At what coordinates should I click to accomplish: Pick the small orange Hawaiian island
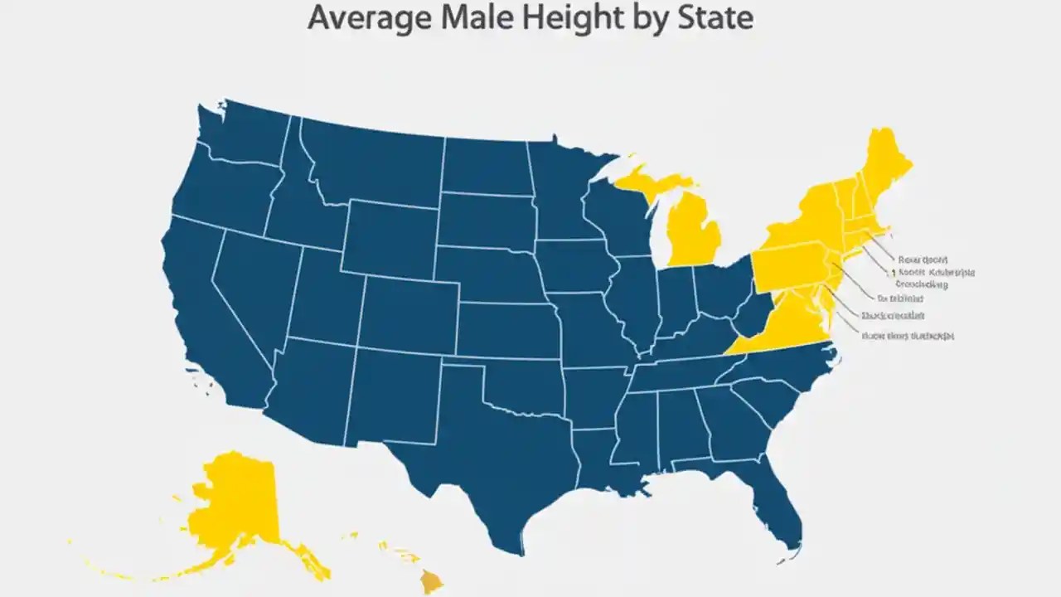[x=431, y=581]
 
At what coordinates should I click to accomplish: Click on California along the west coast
[x=207, y=315]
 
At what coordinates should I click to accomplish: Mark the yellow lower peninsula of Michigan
[x=692, y=232]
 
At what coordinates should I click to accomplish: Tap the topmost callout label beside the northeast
[x=922, y=260]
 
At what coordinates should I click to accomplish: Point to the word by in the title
[x=652, y=18]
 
